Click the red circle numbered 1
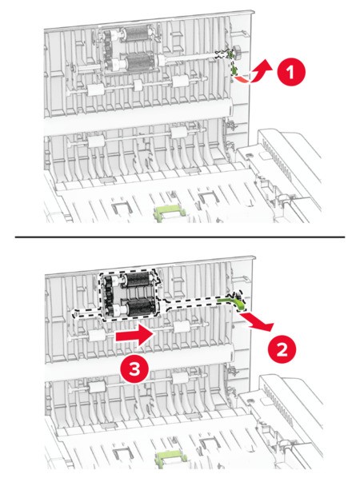tap(291, 72)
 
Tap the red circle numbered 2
tap(282, 351)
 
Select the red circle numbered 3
tap(134, 369)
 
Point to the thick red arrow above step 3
tap(135, 336)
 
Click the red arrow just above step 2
tap(258, 322)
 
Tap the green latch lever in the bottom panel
tap(234, 301)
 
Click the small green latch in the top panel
tap(232, 62)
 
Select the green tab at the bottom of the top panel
tap(170, 213)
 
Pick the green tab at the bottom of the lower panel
tap(170, 459)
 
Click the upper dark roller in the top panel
tap(136, 34)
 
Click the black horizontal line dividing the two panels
tap(180, 237)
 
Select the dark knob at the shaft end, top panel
tap(238, 50)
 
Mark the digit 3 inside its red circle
tap(134, 369)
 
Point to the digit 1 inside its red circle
tap(290, 72)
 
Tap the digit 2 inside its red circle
tap(282, 351)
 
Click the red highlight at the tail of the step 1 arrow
tap(243, 79)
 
